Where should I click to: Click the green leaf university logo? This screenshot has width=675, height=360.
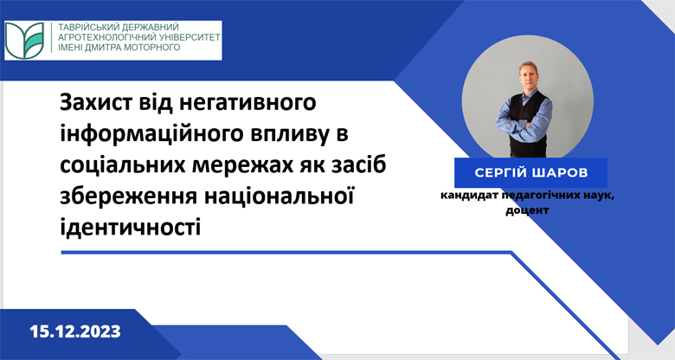pyautogui.click(x=25, y=41)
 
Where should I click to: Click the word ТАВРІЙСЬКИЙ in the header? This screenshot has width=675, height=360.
pyautogui.click(x=86, y=27)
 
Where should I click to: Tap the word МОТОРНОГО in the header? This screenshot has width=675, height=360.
pyautogui.click(x=151, y=47)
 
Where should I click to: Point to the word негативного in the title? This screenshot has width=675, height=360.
pyautogui.click(x=247, y=103)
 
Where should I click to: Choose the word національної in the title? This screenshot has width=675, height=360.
pyautogui.click(x=279, y=196)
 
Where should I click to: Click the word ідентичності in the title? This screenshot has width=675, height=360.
pyautogui.click(x=131, y=227)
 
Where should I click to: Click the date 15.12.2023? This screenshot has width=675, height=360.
pyautogui.click(x=75, y=331)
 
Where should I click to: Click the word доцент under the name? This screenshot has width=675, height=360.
pyautogui.click(x=527, y=210)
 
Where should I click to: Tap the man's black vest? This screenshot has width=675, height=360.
pyautogui.click(x=527, y=125)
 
